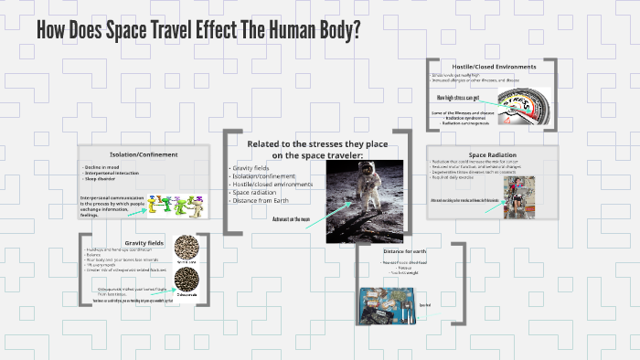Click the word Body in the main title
coord(330,28)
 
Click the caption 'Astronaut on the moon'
coord(293,219)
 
